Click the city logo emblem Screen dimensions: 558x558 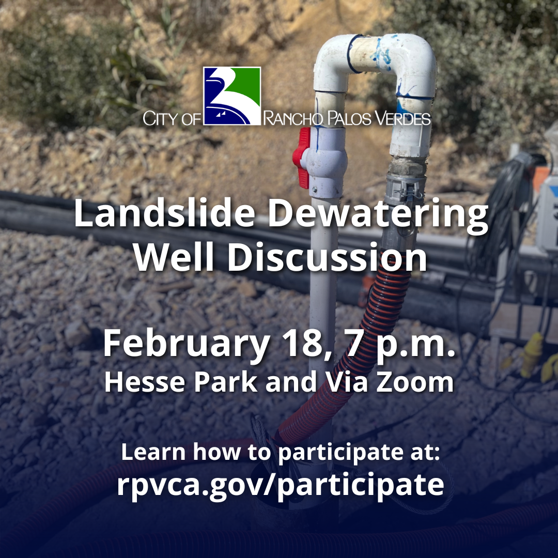(x=231, y=96)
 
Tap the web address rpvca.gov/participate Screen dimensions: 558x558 (x=280, y=484)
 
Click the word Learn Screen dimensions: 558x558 (x=153, y=453)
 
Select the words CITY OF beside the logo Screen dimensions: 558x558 (x=172, y=119)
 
